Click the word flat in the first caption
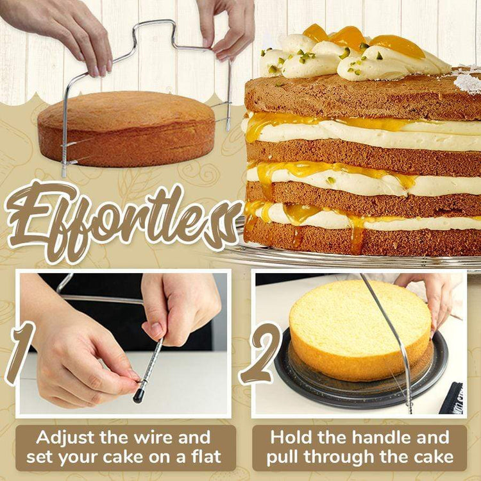[x=206, y=457]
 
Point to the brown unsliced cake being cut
[x=126, y=129]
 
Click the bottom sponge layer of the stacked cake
[x=362, y=238]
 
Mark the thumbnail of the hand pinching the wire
[x=156, y=329]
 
